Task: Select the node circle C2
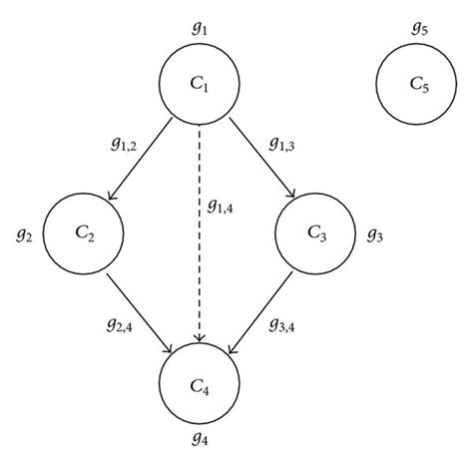(x=84, y=233)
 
